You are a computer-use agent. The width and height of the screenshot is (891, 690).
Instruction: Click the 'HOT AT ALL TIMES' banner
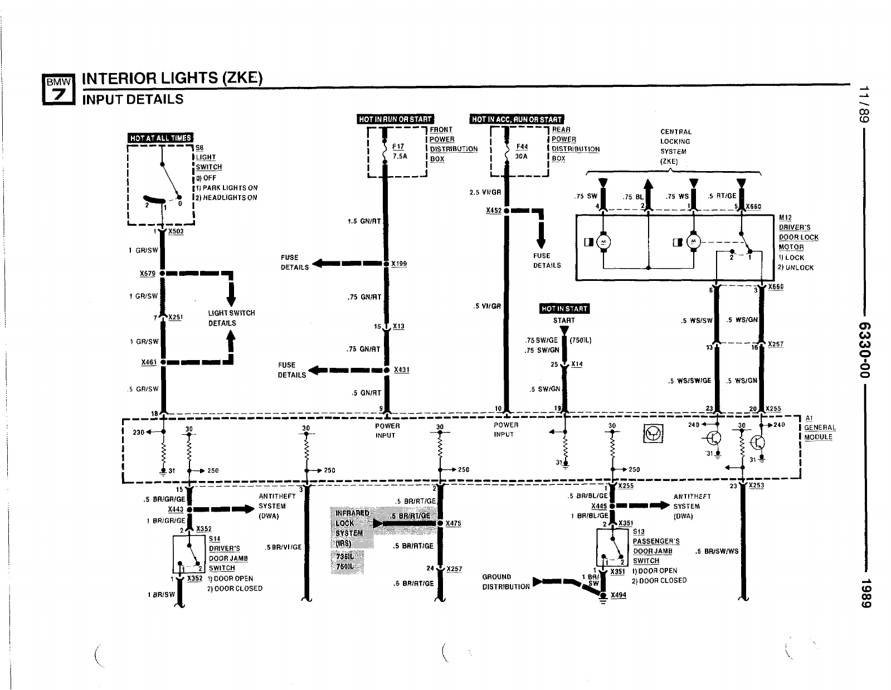[x=160, y=138]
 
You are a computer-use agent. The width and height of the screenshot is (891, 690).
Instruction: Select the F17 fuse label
[x=398, y=147]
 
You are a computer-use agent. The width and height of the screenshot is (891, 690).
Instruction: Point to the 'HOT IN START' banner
[x=564, y=309]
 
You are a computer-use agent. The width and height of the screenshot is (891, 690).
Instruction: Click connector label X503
[x=176, y=231]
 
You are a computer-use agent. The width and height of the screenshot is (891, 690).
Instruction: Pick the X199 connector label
[x=398, y=264]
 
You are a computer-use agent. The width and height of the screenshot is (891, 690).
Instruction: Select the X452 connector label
[x=494, y=211]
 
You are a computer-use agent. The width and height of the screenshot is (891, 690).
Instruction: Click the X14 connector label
[x=577, y=364]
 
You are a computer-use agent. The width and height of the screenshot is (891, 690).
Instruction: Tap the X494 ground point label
[x=619, y=595]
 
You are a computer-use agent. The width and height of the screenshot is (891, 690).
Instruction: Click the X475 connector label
[x=453, y=523]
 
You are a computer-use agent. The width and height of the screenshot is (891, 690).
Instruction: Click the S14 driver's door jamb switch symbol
[x=189, y=554]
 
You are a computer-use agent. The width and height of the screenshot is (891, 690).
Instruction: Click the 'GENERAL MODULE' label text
[x=819, y=433]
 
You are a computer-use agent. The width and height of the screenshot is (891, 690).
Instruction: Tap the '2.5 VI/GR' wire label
[x=485, y=192]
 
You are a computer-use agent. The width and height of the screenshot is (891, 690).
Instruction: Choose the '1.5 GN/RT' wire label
[x=364, y=221]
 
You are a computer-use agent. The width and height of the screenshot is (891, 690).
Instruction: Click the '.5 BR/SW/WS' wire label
[x=717, y=551]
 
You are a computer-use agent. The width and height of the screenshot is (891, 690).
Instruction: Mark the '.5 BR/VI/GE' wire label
[x=284, y=547]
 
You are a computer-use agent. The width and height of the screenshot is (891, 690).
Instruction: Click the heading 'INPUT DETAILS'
[x=133, y=100]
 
